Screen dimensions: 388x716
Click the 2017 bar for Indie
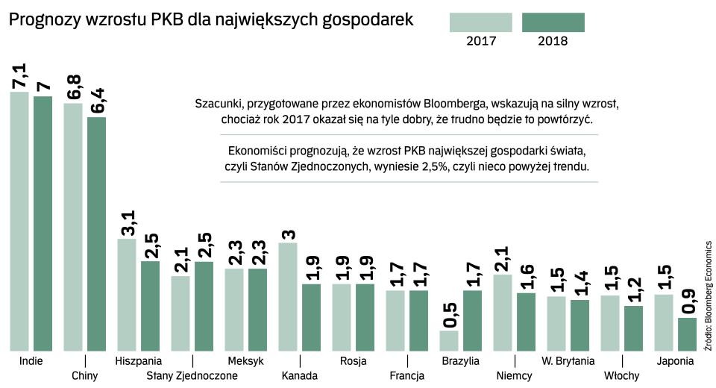(x=19, y=221)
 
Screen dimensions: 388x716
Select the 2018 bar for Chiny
(x=97, y=234)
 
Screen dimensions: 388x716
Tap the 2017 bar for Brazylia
(x=449, y=340)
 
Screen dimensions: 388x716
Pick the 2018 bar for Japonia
(x=687, y=334)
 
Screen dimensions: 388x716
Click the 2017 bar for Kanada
(x=288, y=296)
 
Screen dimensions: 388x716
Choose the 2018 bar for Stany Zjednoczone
(x=204, y=306)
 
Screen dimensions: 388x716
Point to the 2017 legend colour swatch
(x=481, y=22)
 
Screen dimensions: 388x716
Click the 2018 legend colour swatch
(x=553, y=22)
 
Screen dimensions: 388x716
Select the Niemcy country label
(x=515, y=375)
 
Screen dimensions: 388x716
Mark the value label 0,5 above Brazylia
(x=450, y=313)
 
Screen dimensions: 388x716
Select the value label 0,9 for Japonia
(x=688, y=301)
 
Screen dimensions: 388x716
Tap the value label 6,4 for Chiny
(x=98, y=101)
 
